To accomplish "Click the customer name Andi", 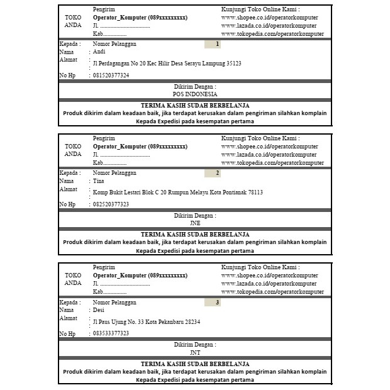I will click(x=99, y=52).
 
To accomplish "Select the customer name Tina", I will click(x=98, y=181).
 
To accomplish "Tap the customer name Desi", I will click(x=99, y=310).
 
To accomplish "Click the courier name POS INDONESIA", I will click(x=195, y=94).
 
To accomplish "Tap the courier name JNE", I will click(x=195, y=223).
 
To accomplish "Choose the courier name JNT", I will click(x=195, y=352).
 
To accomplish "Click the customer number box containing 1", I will click(x=213, y=44).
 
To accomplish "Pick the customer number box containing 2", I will click(x=213, y=173).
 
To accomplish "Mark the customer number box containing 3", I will click(x=213, y=303).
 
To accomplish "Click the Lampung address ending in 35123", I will click(x=167, y=64).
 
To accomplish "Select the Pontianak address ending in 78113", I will click(x=177, y=192).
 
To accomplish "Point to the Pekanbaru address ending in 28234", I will click(x=146, y=322).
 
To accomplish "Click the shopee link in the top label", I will click(x=270, y=18).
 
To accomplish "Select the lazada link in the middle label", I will click(x=269, y=155).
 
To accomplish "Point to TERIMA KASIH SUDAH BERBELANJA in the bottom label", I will click(x=195, y=364).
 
